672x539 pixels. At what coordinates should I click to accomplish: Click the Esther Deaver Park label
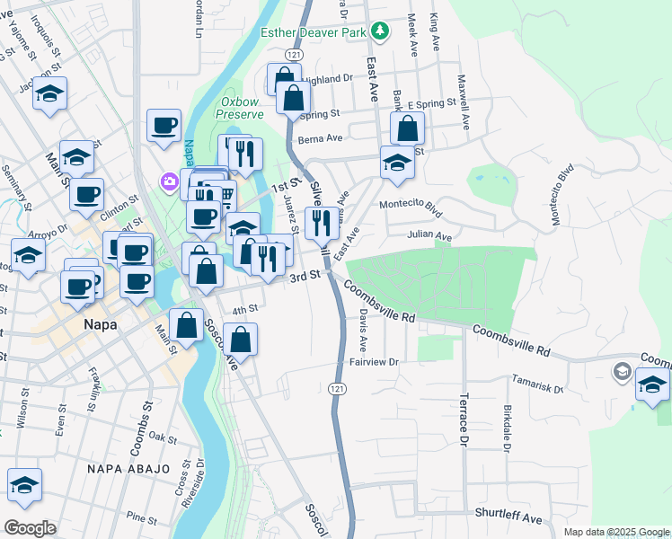pyautogui.click(x=314, y=32)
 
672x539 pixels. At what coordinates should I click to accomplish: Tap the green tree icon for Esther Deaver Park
pyautogui.click(x=380, y=31)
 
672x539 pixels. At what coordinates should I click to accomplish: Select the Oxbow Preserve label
pyautogui.click(x=242, y=108)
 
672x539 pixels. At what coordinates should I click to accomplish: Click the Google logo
pyautogui.click(x=30, y=528)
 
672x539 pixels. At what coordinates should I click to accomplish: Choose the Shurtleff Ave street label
pyautogui.click(x=508, y=518)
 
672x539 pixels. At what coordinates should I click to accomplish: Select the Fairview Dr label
pyautogui.click(x=374, y=361)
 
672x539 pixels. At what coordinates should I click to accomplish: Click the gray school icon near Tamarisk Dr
pyautogui.click(x=622, y=371)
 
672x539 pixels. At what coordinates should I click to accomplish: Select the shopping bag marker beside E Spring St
pyautogui.click(x=407, y=128)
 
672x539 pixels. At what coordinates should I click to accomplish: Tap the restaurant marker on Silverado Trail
pyautogui.click(x=322, y=222)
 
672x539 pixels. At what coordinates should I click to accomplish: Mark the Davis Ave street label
pyautogui.click(x=363, y=331)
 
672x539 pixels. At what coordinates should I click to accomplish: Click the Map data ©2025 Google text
pyautogui.click(x=615, y=532)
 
